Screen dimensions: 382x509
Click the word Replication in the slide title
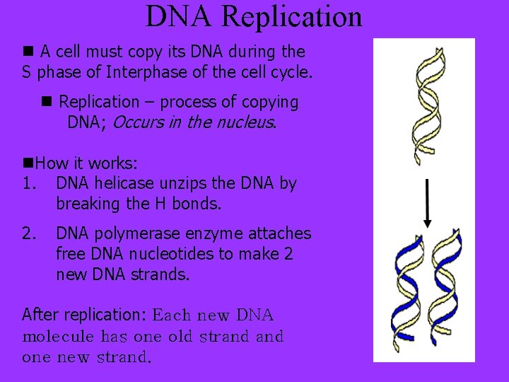[291, 17]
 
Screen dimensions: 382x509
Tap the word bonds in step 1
[197, 204]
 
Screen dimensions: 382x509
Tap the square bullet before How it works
[28, 163]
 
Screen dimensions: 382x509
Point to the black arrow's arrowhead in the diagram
[427, 222]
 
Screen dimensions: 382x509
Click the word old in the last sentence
[180, 337]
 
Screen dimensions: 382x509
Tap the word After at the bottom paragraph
[41, 314]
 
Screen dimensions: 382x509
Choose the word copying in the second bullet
[265, 102]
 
